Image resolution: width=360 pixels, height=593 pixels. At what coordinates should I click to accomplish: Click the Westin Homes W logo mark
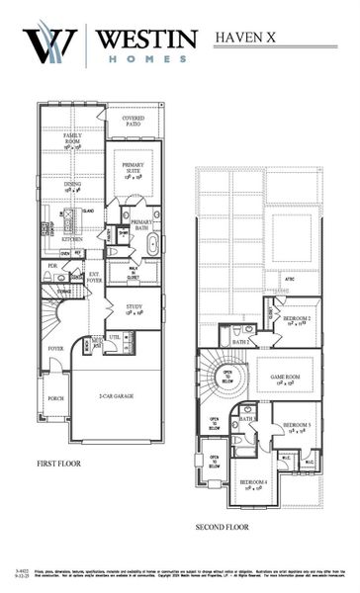point(50,44)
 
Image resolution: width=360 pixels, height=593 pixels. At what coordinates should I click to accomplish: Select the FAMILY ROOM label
point(73,142)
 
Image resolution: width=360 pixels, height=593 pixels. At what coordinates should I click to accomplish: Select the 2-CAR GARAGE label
point(116,396)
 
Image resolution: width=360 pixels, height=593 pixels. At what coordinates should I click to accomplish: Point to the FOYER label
point(55,348)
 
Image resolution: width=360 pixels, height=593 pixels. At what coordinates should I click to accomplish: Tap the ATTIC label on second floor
point(290,280)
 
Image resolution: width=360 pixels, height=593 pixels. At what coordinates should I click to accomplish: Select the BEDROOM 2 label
point(297,320)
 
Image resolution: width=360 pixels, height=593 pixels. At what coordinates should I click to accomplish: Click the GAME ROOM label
point(292,378)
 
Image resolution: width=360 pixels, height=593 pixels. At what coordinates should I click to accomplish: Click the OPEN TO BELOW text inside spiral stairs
point(226,375)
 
